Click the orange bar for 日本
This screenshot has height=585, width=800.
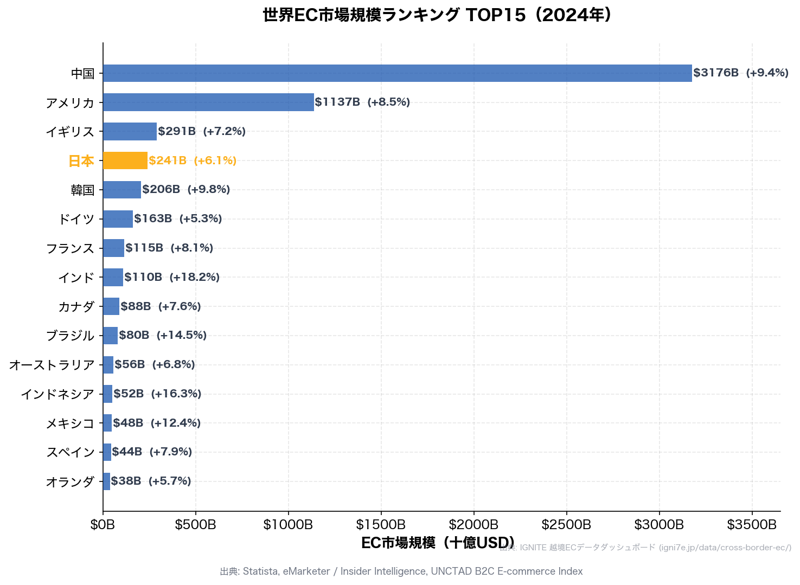click(x=125, y=160)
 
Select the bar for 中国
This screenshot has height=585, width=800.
click(x=397, y=73)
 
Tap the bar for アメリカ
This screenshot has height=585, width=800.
click(x=208, y=102)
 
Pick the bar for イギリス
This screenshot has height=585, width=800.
click(x=130, y=131)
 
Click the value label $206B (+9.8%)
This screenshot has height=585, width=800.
click(x=186, y=189)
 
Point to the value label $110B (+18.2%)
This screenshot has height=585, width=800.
click(x=172, y=277)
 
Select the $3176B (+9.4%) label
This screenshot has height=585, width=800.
click(x=740, y=73)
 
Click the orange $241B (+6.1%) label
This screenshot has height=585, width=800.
click(x=193, y=160)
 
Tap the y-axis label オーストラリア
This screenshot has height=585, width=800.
click(x=52, y=365)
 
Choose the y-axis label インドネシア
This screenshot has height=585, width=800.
click(x=58, y=394)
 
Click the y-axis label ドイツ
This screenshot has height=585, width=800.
click(x=76, y=219)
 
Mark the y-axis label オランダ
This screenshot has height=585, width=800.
click(x=71, y=481)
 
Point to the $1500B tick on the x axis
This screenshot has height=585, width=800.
click(x=381, y=524)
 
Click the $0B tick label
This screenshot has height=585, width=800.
click(x=103, y=524)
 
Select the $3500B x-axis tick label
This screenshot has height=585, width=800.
click(x=752, y=524)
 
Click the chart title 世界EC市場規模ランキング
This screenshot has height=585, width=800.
click(x=437, y=15)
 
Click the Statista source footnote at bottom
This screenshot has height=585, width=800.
click(x=401, y=571)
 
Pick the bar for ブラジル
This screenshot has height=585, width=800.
click(x=110, y=336)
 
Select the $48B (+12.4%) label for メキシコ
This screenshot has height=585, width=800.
click(x=157, y=423)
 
